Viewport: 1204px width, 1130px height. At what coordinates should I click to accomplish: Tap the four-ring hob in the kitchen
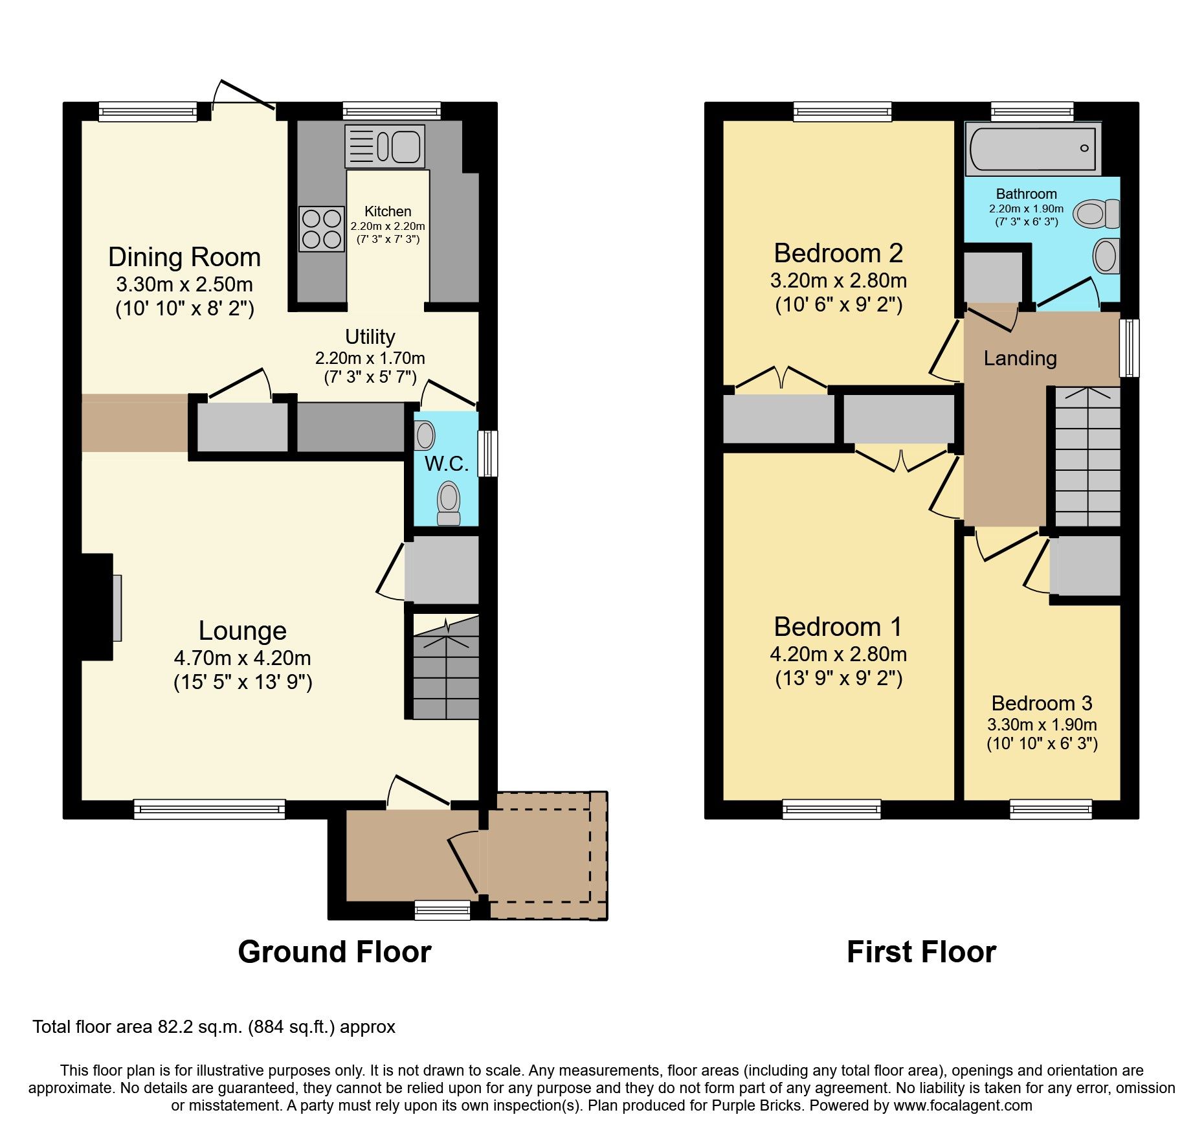coord(322,229)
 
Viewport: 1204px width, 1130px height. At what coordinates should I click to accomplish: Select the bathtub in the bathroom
coord(1032,149)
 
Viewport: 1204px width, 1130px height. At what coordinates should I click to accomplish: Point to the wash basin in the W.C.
coord(425,435)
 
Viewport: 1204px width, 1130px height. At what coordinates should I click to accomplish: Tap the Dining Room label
coord(184,257)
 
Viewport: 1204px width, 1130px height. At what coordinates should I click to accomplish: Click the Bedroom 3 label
coord(1042,703)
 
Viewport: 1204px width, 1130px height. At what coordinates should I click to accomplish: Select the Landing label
coord(1020,358)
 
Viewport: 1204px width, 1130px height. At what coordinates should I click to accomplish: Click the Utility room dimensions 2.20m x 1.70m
coord(370,358)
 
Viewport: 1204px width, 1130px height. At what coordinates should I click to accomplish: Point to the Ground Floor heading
coord(334,952)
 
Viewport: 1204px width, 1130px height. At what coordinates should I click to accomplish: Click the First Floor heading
coord(921,952)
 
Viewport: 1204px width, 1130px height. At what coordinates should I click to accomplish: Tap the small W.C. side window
coord(488,453)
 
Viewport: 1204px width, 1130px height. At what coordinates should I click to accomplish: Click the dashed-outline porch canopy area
coord(548,855)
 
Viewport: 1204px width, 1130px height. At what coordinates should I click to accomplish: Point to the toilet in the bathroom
coord(1096,214)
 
